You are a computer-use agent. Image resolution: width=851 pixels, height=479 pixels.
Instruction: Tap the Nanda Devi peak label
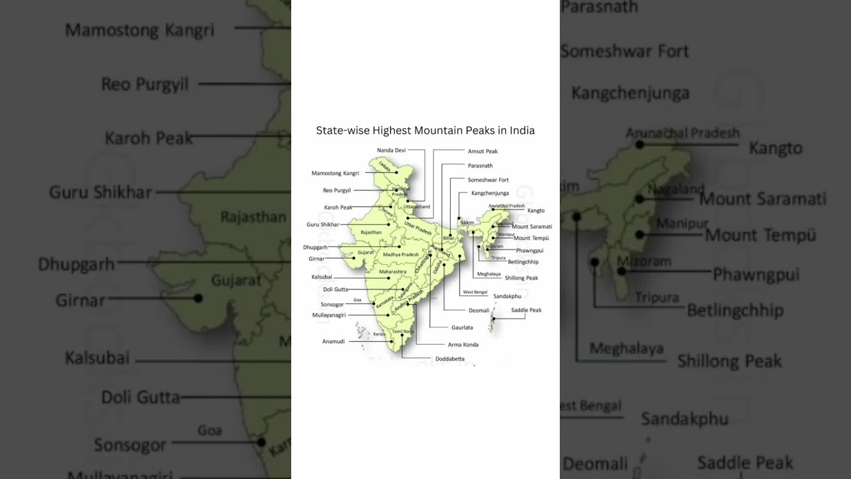point(391,150)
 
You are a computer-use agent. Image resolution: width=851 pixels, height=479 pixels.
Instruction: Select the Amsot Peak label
point(483,152)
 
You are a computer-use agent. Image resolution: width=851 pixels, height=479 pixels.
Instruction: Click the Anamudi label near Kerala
point(334,341)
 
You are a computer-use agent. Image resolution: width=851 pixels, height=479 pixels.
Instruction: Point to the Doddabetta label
point(450,359)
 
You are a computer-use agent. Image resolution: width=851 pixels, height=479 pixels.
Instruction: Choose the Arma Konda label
point(463,345)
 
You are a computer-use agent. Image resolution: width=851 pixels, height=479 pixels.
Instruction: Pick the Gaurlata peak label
point(462,327)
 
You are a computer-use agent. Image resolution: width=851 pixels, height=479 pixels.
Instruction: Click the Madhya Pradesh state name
point(401,255)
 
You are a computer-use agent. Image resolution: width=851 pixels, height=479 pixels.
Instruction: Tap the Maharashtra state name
point(392,271)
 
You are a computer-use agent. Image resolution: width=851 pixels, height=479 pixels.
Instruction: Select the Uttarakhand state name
point(417,207)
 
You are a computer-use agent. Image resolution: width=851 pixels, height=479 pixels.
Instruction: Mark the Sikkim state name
point(467,223)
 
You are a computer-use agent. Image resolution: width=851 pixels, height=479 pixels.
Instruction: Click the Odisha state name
point(437,267)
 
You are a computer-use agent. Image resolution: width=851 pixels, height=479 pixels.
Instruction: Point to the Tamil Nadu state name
point(403,331)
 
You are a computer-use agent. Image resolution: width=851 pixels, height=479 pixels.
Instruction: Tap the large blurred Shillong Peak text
point(729,361)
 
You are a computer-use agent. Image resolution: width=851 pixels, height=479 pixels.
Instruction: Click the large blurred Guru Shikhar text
point(100,193)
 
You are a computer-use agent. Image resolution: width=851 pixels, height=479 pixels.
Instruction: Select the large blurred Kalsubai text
point(97,358)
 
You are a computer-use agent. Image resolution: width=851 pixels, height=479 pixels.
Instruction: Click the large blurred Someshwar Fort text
point(624,51)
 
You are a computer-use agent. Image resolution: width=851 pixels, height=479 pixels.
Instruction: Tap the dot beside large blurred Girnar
point(198,298)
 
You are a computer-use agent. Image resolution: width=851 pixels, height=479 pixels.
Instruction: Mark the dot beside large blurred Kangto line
point(639,144)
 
